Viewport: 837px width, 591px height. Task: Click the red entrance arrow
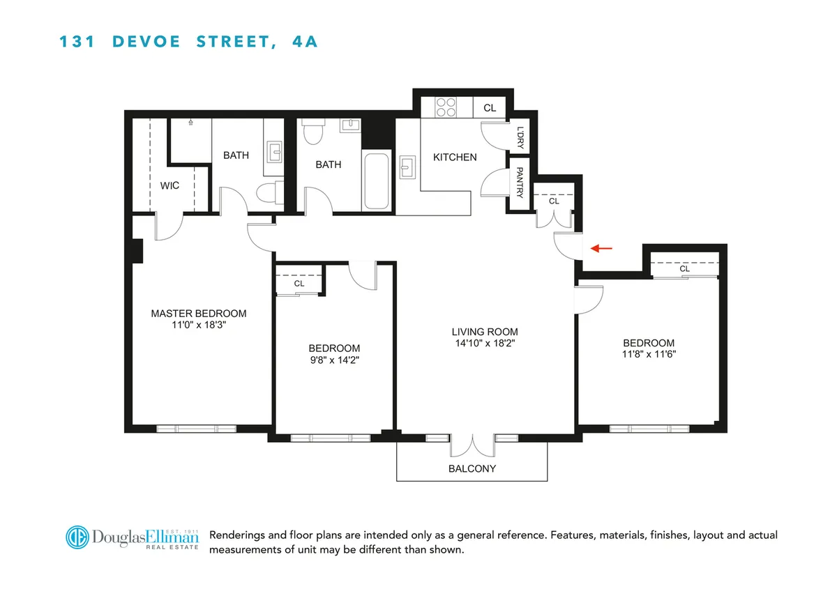602,247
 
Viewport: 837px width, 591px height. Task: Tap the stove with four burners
446,107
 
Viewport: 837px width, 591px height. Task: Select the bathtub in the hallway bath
377,181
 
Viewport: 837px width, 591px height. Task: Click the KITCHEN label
455,158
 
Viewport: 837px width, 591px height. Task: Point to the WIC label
169,185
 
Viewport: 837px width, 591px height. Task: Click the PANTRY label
520,181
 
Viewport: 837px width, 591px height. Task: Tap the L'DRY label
520,137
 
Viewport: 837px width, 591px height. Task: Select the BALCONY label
472,468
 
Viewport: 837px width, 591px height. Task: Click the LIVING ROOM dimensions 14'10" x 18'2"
485,343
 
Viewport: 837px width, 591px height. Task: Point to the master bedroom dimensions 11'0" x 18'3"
199,325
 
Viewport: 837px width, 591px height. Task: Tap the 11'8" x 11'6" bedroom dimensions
649,354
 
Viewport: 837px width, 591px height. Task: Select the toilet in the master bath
269,192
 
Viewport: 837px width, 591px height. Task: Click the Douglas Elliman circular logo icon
79,537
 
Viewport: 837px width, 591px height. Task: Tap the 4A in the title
302,42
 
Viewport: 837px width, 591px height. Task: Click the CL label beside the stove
490,108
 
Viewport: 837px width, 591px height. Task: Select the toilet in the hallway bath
313,132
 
